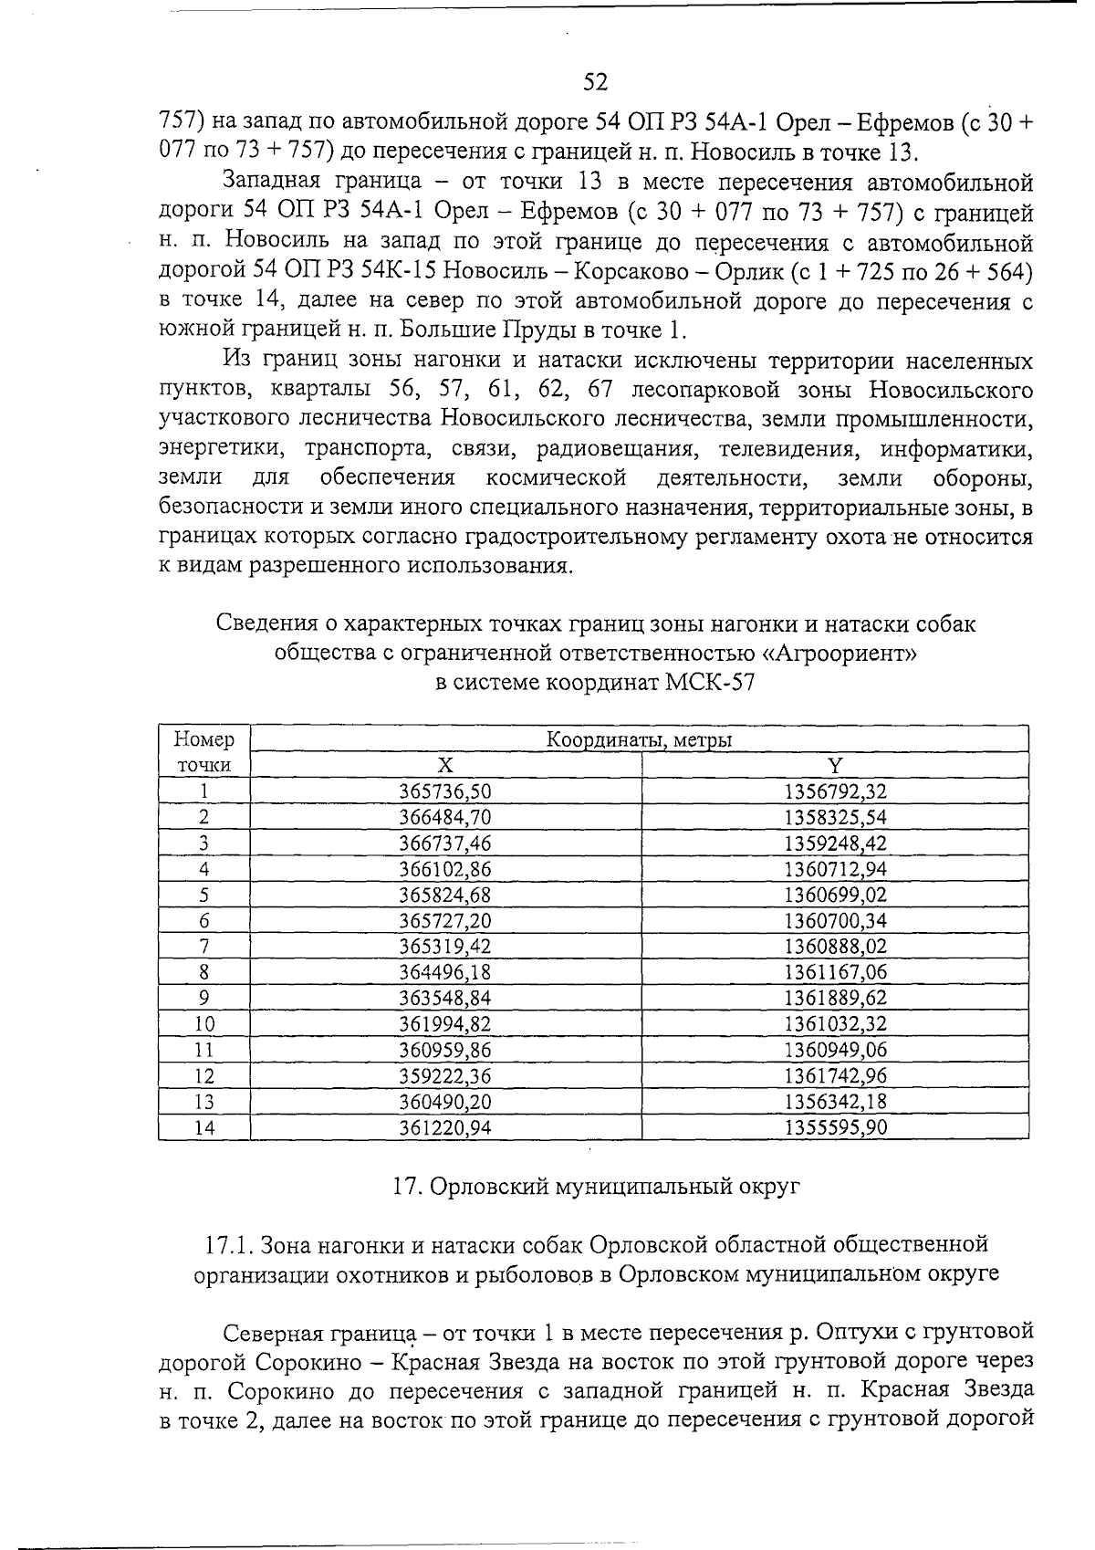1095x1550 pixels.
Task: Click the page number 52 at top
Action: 595,82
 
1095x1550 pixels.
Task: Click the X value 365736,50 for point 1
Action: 445,791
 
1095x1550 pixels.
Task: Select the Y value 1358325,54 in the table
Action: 835,817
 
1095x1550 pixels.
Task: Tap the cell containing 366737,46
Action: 445,843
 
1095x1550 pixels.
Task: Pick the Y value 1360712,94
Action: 835,869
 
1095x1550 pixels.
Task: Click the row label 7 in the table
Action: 204,947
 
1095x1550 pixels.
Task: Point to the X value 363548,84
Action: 445,998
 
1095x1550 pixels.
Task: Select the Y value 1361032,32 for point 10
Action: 835,1024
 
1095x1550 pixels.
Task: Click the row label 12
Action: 204,1076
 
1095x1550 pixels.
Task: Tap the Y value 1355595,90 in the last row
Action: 835,1128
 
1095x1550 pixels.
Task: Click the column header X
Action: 444,765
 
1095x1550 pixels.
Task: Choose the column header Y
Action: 835,765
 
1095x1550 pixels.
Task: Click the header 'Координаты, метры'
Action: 639,739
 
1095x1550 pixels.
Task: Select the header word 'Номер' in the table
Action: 204,739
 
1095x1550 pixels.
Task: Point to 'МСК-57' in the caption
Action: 715,682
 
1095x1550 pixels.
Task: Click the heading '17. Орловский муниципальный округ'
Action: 595,1187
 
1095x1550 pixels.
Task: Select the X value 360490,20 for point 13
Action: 445,1102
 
